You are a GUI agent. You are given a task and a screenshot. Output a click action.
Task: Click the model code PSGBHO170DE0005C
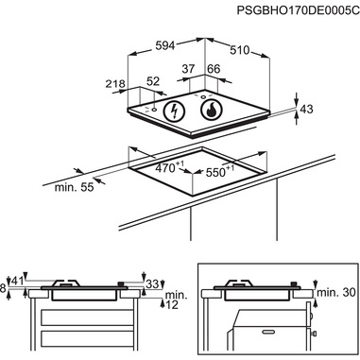point(298,10)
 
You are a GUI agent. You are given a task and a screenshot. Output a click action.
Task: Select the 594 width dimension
point(165,46)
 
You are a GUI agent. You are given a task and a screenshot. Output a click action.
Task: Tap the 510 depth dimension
point(239,50)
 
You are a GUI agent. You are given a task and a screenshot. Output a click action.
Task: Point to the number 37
point(189,69)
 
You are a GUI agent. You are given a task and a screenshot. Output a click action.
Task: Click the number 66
point(214,69)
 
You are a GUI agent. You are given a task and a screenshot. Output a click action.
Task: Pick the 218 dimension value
point(115,84)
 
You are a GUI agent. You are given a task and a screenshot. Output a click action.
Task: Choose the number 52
point(153,81)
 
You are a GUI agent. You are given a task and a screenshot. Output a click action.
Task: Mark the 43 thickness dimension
point(306,109)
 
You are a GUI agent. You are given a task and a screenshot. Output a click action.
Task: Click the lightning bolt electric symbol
point(174,111)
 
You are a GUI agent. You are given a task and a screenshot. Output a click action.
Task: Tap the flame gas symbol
point(212,110)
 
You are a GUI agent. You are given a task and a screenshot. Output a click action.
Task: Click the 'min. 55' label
point(75,187)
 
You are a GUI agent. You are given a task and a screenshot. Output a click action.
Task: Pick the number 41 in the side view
point(18,282)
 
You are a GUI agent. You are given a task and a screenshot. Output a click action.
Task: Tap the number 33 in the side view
point(152,284)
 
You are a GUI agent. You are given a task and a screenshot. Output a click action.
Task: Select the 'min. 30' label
point(336,293)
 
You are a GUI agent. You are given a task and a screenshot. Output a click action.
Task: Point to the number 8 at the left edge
point(3,288)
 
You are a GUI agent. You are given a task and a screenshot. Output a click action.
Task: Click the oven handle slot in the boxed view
point(268,332)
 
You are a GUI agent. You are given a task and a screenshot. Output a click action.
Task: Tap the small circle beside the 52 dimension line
point(154,110)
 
